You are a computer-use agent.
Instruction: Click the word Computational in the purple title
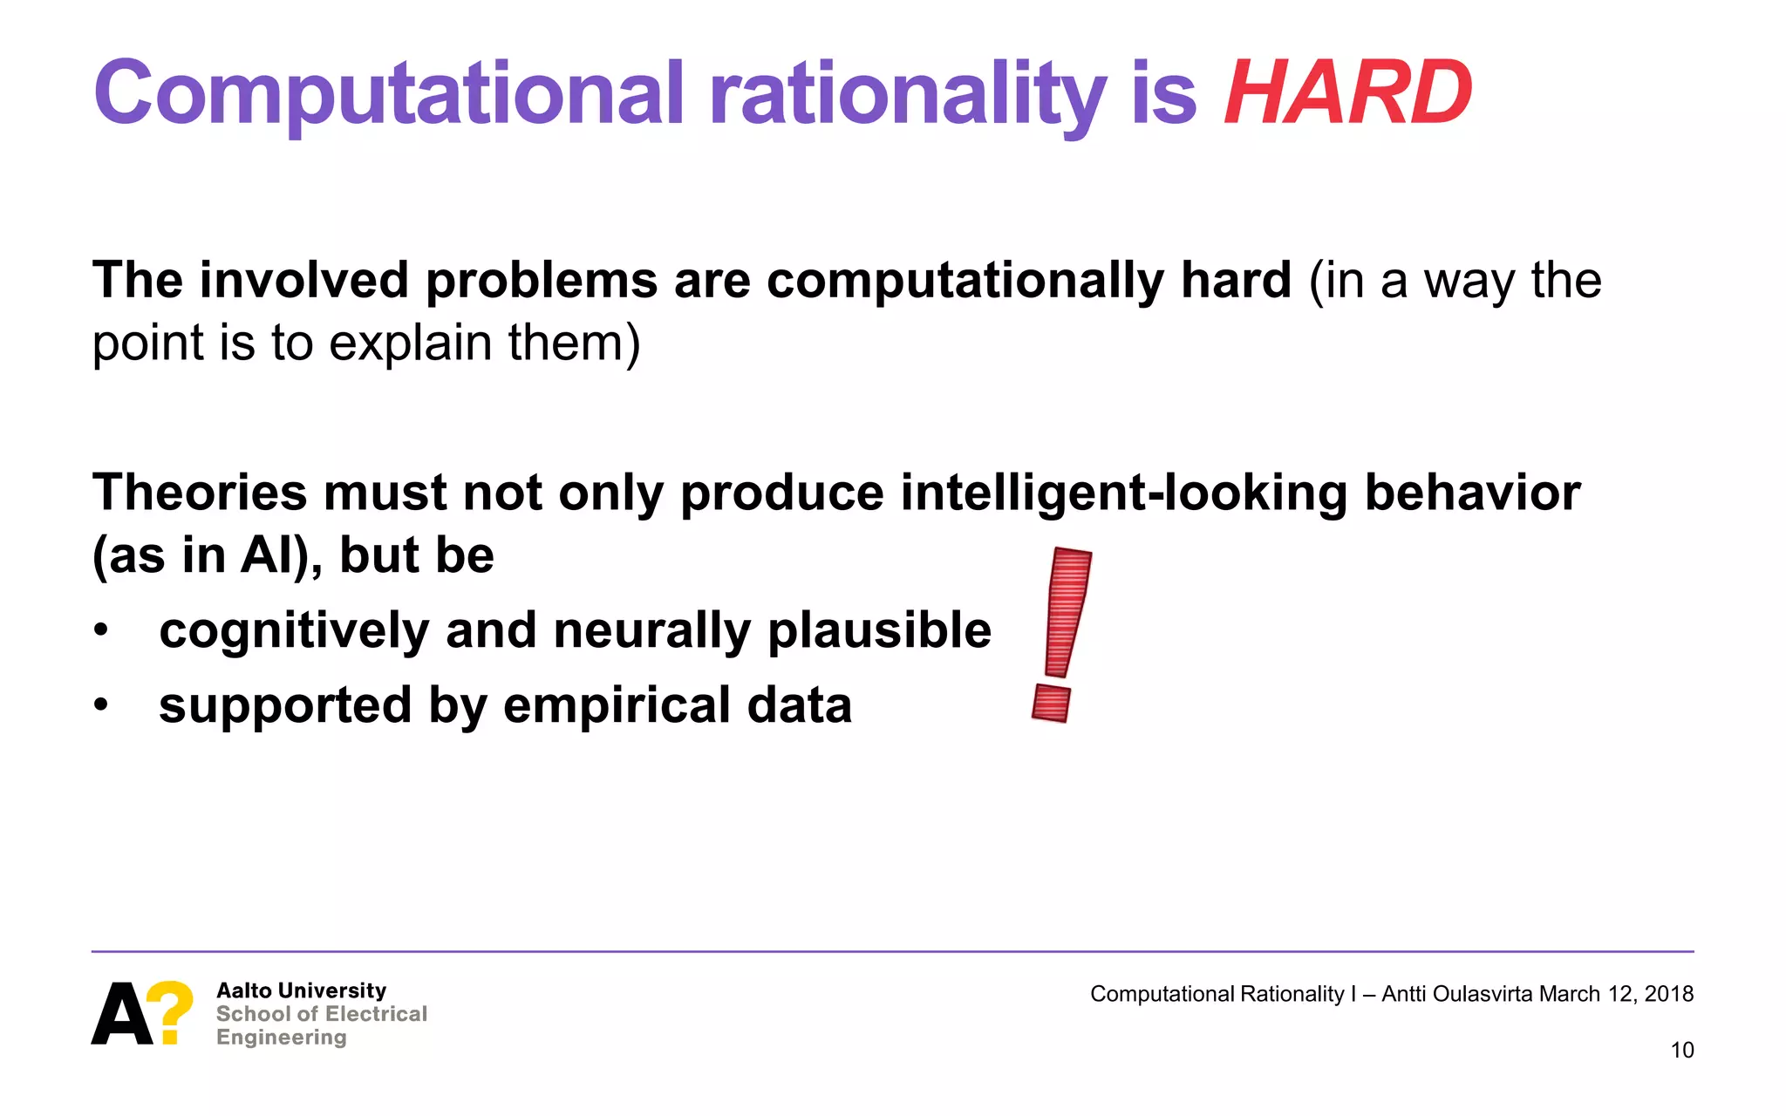coord(388,94)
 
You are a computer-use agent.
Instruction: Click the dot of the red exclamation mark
coord(1051,704)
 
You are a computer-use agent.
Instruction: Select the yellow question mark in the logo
coord(169,1011)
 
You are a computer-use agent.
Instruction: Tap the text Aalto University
coord(301,990)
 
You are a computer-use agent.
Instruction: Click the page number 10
coord(1681,1050)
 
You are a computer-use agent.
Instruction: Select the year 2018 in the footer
coord(1668,994)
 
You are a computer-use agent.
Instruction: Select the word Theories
coord(200,493)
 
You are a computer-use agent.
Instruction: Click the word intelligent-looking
coord(1123,493)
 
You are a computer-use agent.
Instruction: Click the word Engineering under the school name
coord(281,1038)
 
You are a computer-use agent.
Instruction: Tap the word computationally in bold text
coord(965,281)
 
